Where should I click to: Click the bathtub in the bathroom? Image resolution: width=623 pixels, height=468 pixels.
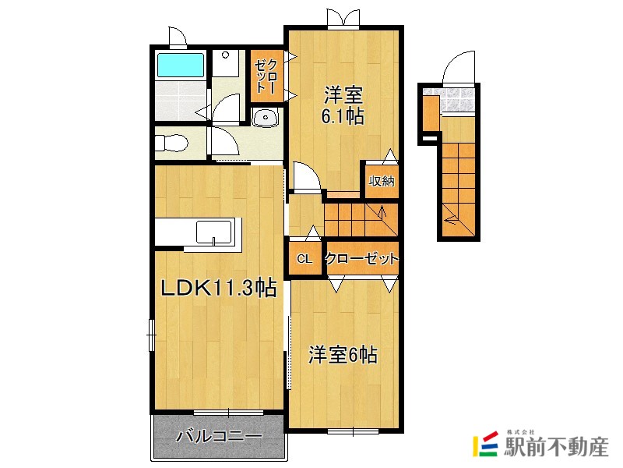coord(180,65)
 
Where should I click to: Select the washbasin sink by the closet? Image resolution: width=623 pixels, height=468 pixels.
coord(266,119)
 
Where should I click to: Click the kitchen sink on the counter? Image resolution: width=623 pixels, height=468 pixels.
coord(213,232)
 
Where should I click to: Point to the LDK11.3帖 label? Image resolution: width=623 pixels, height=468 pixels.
coord(218,288)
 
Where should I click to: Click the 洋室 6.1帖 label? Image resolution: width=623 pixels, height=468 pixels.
coord(343,106)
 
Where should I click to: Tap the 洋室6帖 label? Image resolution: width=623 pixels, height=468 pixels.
coord(343,355)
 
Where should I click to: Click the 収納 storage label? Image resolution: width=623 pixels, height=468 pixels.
coord(382,182)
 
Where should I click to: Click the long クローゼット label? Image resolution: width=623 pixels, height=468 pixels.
coord(361,259)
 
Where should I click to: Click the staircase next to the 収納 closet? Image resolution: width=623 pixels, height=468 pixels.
coord(360,217)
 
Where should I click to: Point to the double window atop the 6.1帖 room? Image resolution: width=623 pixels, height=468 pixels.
coord(343,18)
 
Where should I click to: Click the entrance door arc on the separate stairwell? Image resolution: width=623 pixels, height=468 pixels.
coord(460,68)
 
